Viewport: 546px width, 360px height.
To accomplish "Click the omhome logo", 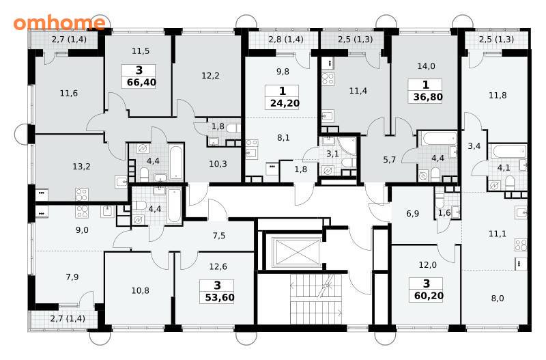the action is (x=59, y=23).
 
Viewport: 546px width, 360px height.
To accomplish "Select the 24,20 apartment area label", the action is (x=285, y=104).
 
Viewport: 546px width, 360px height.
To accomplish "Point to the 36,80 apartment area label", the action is (x=428, y=97).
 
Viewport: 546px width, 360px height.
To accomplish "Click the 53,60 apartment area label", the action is (x=219, y=298).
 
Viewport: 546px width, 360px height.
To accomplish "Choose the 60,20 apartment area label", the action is (x=429, y=296).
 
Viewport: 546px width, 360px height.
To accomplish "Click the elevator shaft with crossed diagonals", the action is (x=296, y=251).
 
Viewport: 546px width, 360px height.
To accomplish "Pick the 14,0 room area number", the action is (x=426, y=66).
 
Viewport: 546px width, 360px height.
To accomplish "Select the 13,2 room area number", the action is (x=81, y=167).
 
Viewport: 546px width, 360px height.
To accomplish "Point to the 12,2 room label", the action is (x=210, y=76).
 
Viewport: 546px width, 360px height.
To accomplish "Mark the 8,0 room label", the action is (x=498, y=299).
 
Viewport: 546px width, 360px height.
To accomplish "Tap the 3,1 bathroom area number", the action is (x=332, y=154).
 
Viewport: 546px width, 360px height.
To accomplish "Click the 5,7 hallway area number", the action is (x=389, y=160).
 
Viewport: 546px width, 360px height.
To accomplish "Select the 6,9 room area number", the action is (x=413, y=213).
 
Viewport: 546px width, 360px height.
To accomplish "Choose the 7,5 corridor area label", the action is (x=219, y=236).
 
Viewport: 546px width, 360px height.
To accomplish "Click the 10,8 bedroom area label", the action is (x=141, y=290).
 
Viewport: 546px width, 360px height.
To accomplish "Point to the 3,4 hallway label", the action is (x=474, y=146).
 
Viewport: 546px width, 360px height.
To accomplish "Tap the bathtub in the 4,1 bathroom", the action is (x=509, y=152).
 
